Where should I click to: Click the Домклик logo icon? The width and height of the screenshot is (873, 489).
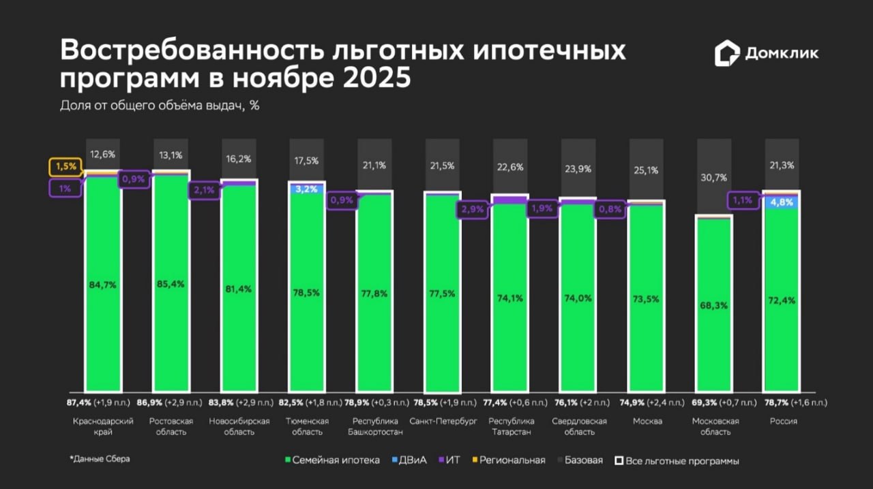tap(727, 54)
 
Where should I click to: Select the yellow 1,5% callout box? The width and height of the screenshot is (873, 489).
tap(65, 167)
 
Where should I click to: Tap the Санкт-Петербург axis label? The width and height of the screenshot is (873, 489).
tap(443, 421)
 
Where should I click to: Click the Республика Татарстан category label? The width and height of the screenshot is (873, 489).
tap(511, 426)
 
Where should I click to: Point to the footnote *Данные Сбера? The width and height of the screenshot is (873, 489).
tap(100, 459)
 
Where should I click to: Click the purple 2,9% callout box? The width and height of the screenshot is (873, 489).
tap(472, 209)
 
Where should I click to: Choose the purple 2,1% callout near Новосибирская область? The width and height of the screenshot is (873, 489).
tap(205, 190)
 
